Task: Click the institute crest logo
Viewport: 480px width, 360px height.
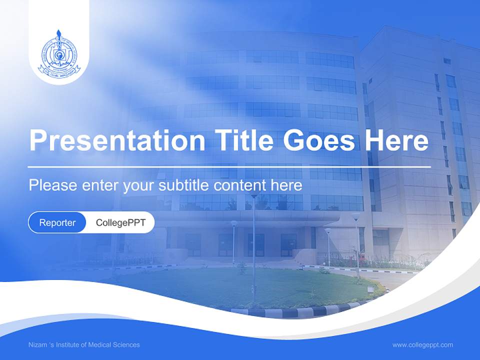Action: point(59,53)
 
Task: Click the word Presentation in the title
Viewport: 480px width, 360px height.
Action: point(117,141)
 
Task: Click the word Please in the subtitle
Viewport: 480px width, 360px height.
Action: point(52,185)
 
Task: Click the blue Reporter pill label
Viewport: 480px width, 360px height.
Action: point(57,222)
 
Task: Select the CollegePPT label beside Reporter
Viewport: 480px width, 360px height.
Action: point(120,222)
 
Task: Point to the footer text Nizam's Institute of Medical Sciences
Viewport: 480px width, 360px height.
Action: point(84,345)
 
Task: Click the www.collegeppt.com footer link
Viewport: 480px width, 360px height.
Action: point(422,345)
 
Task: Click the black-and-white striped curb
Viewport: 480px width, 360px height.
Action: point(300,311)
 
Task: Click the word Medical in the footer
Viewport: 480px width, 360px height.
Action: point(100,345)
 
